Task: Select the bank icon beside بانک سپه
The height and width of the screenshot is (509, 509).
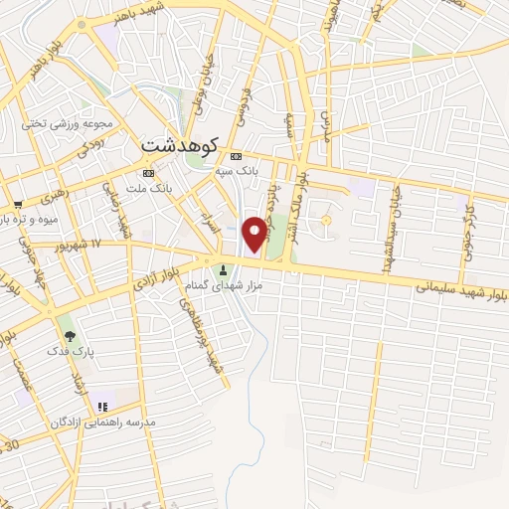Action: point(236,156)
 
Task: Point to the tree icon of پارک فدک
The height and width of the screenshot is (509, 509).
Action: point(68,335)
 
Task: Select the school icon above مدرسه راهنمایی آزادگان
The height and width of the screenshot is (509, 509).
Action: point(101,407)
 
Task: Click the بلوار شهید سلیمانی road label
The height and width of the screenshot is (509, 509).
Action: point(461,289)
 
